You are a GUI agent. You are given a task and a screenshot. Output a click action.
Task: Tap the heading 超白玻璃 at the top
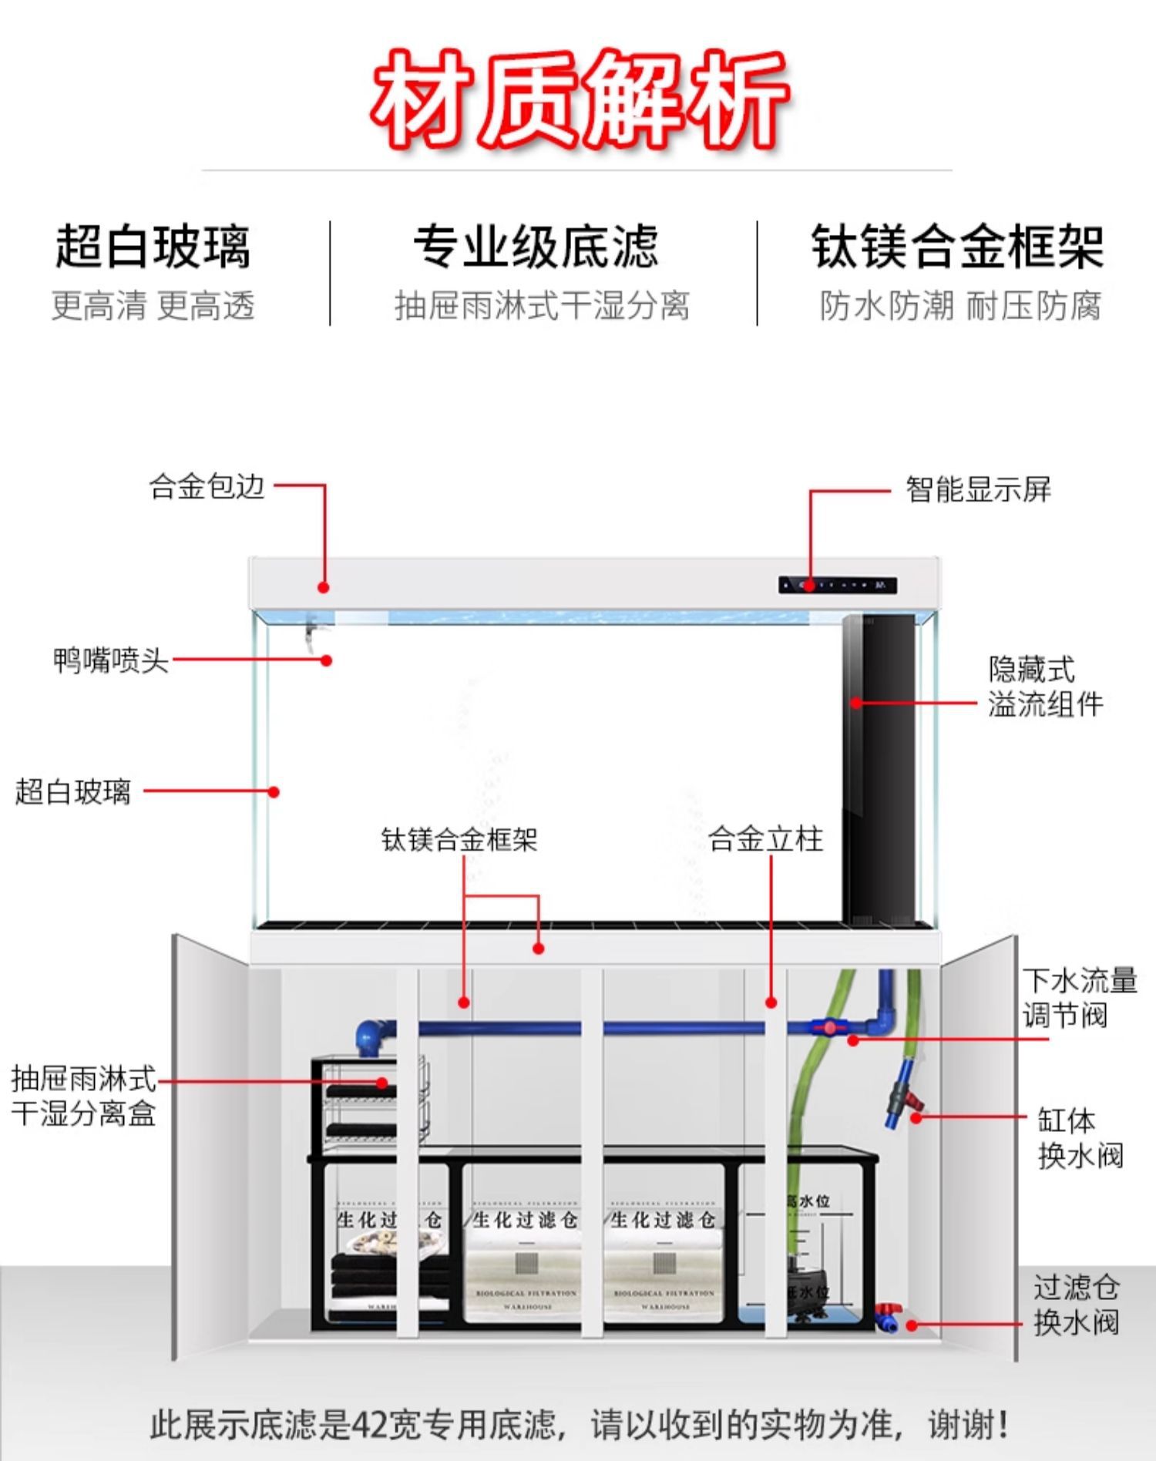click(x=153, y=247)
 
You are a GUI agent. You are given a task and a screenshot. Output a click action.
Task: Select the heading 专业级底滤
click(x=536, y=247)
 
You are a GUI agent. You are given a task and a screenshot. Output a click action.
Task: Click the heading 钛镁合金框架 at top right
click(x=957, y=247)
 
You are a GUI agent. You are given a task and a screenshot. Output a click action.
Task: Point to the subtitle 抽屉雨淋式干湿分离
click(x=542, y=306)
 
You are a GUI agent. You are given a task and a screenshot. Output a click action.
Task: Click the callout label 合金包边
click(x=207, y=487)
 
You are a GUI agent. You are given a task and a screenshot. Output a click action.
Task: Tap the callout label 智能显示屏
click(x=977, y=489)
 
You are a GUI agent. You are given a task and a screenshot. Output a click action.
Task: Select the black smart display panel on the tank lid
click(x=837, y=586)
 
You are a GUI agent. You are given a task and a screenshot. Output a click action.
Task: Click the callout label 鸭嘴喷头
click(x=110, y=660)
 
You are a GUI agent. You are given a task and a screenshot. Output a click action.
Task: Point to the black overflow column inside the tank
click(x=879, y=771)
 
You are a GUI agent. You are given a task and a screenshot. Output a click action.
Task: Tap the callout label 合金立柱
click(x=765, y=839)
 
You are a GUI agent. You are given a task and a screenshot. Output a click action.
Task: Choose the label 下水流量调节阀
click(x=1079, y=998)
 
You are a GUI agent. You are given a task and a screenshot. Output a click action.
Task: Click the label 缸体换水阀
click(x=1079, y=1137)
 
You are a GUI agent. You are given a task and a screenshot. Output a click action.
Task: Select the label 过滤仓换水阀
click(x=1076, y=1305)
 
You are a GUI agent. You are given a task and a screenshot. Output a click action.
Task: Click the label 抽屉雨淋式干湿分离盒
click(x=83, y=1096)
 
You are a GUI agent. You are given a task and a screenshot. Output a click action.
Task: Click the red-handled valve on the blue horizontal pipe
click(x=829, y=1027)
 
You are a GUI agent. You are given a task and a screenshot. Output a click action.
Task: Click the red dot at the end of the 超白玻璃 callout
click(x=274, y=791)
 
